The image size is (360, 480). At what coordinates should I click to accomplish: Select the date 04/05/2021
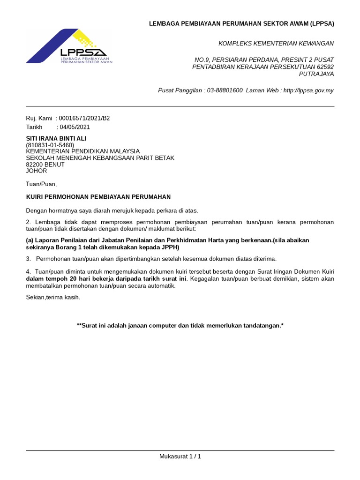click(75, 127)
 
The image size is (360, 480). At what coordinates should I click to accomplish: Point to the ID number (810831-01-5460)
click(50, 145)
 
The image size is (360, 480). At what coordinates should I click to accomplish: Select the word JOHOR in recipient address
click(36, 171)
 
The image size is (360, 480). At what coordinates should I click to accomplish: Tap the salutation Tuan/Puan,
click(41, 184)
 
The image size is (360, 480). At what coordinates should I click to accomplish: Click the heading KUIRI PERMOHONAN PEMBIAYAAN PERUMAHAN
click(98, 197)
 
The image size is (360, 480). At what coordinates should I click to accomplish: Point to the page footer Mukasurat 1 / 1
click(180, 456)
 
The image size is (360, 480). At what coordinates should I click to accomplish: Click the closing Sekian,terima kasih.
click(53, 297)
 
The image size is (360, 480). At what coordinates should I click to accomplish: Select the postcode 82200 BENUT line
click(45, 165)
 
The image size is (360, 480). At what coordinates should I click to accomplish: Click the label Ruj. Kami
click(39, 119)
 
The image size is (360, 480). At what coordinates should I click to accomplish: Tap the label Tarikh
click(34, 127)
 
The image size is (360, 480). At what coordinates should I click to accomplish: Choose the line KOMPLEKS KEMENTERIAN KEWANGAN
click(276, 44)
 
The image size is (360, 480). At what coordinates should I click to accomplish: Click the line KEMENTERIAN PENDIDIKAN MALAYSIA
click(82, 151)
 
